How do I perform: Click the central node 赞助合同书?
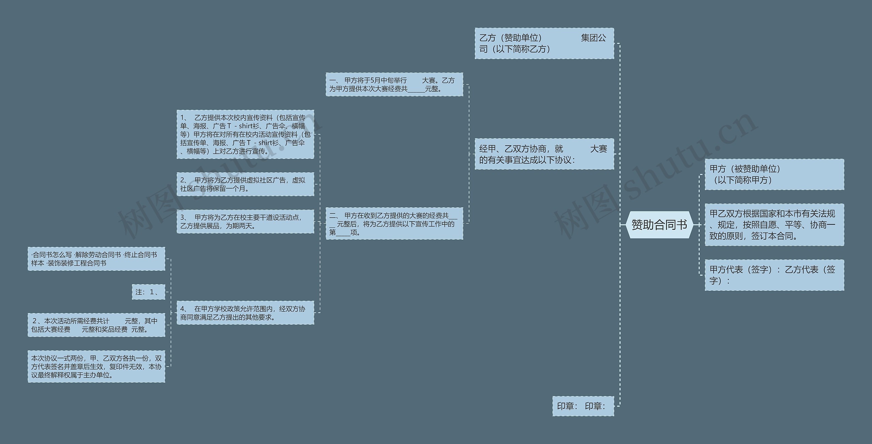click(659, 225)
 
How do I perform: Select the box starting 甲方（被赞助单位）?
click(774, 174)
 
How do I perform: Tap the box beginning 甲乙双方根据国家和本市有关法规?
click(774, 225)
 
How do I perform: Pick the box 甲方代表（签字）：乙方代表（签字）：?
click(774, 275)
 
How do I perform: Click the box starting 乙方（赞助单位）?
click(544, 43)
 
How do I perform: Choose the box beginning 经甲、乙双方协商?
click(544, 154)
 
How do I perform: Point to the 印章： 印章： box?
click(583, 406)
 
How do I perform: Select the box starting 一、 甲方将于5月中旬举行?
click(394, 84)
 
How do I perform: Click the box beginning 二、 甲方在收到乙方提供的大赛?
click(394, 224)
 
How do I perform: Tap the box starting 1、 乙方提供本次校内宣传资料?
click(245, 134)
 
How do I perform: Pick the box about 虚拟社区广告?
click(245, 184)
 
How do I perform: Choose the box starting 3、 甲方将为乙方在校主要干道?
click(245, 221)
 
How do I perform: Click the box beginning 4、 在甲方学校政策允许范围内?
click(245, 313)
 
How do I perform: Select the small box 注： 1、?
click(148, 292)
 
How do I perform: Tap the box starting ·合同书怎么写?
click(96, 259)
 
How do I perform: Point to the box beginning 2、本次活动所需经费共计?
click(96, 325)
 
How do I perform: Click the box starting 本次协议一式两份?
click(96, 366)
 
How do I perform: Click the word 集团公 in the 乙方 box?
click(593, 38)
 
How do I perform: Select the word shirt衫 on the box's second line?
click(249, 126)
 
